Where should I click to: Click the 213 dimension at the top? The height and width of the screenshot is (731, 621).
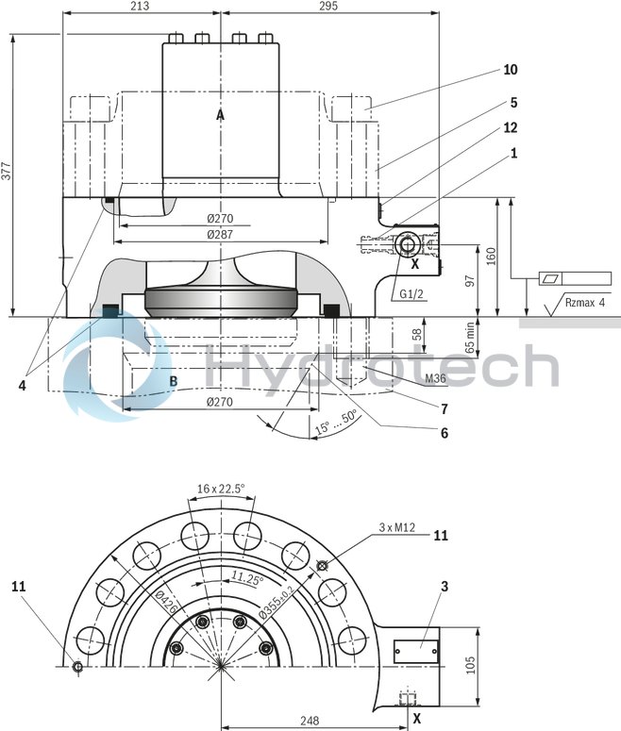[141, 7]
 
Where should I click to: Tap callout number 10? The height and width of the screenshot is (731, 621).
[510, 70]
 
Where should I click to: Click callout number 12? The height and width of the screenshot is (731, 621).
[510, 126]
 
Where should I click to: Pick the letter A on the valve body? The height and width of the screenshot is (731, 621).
[220, 115]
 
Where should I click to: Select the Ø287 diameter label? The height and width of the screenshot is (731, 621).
[220, 232]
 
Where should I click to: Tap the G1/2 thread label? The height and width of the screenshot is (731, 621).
[411, 294]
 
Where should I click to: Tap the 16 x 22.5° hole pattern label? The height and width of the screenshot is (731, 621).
[221, 489]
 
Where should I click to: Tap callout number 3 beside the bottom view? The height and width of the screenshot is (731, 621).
[443, 586]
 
